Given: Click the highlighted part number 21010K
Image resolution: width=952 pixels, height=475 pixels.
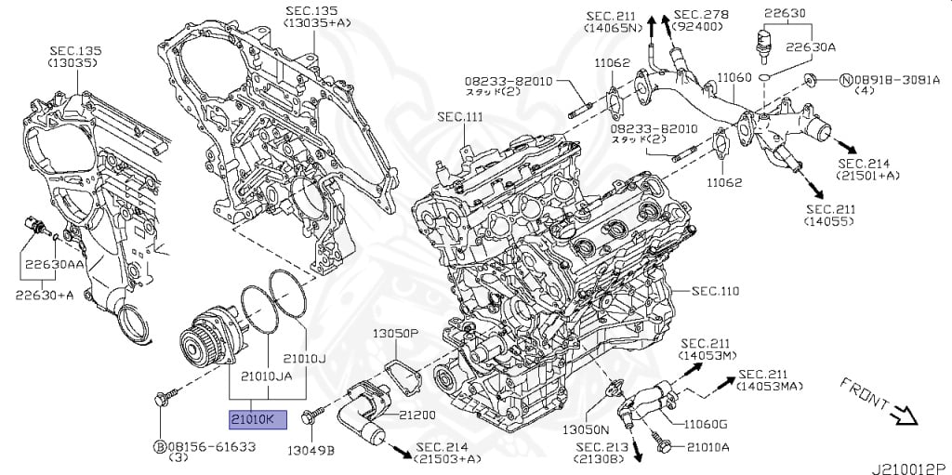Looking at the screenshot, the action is (258, 419).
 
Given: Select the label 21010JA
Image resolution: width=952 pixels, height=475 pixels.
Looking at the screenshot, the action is (268, 376).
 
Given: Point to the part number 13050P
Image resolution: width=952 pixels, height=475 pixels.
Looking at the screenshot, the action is (396, 334).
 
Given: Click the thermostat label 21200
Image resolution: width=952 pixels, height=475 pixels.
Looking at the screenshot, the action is (417, 416).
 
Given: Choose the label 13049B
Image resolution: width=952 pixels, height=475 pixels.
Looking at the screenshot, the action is (311, 450).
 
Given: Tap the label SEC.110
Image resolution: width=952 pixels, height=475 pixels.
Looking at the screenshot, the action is (715, 292).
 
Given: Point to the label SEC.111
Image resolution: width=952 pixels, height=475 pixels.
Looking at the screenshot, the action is (461, 116).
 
